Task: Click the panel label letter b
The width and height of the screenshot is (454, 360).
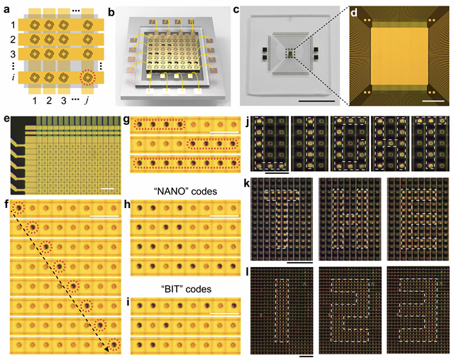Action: tap(118, 9)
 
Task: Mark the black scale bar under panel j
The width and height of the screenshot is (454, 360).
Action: tap(275, 170)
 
